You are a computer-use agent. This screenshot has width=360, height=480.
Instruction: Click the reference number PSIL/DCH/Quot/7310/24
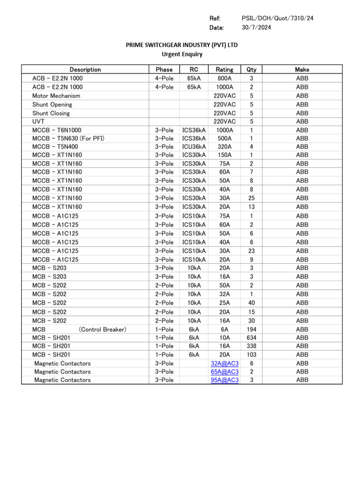[x=277, y=18]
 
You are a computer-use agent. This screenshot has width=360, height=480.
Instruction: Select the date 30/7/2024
[x=256, y=28]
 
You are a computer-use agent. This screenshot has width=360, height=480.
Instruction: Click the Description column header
[x=85, y=69]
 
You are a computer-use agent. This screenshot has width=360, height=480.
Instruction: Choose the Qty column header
[x=251, y=69]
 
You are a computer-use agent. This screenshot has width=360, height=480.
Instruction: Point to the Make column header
[x=302, y=69]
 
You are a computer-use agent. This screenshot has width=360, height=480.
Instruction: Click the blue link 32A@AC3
[x=225, y=363]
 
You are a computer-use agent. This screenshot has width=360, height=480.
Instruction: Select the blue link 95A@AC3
[x=225, y=380]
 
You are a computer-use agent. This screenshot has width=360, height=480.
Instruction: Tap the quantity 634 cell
[x=251, y=337]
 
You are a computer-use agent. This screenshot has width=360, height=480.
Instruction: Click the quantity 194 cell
[x=251, y=330]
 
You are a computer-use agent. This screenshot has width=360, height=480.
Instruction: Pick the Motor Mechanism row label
[x=56, y=96]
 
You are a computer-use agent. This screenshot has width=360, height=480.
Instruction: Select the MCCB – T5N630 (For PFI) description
[x=68, y=138]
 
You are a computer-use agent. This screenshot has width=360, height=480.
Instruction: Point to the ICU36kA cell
[x=194, y=147]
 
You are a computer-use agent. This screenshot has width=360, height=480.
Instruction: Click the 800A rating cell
[x=225, y=78]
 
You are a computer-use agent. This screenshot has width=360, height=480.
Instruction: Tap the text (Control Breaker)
[x=102, y=330]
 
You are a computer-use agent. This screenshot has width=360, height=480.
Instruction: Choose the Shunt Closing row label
[x=51, y=113]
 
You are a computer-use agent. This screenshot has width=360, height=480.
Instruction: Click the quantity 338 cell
[x=251, y=346]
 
